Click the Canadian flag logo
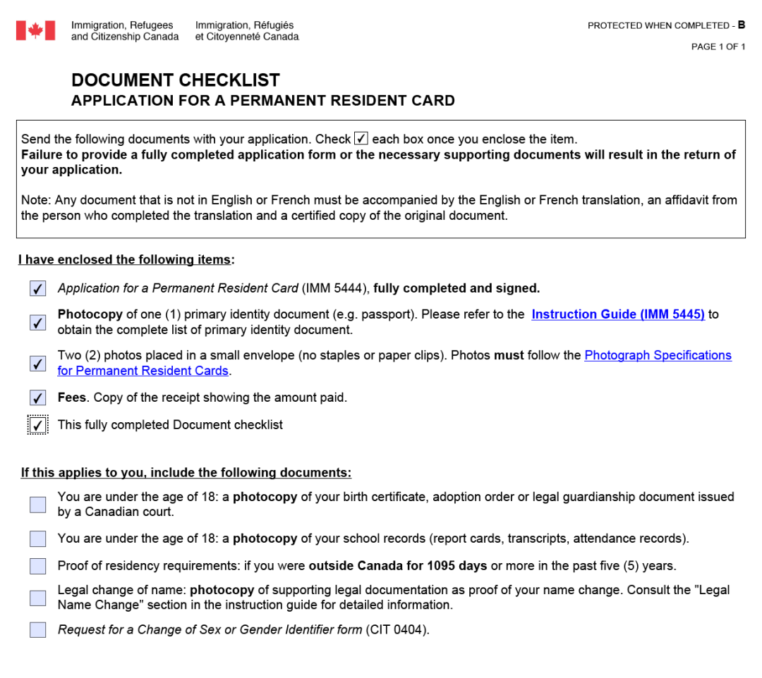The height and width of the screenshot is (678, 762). tap(35, 30)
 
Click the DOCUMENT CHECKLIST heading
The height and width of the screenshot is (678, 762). tap(176, 80)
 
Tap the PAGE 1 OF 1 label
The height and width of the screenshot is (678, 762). tap(718, 47)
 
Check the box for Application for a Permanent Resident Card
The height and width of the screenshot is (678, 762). tap(38, 289)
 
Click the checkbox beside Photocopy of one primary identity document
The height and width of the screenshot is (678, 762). tap(38, 323)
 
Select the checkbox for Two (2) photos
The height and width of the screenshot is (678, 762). tap(38, 364)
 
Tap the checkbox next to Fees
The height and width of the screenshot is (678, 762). tap(38, 398)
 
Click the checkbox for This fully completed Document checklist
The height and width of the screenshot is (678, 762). tap(38, 426)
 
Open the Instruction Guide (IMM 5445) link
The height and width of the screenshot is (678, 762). tap(618, 315)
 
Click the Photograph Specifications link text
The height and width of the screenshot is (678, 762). tap(658, 356)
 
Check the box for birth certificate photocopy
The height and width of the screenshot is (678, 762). tap(38, 505)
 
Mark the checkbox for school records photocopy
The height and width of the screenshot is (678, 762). tap(38, 539)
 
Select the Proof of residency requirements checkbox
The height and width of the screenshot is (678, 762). tap(38, 567)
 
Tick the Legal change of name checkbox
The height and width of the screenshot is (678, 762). tap(38, 598)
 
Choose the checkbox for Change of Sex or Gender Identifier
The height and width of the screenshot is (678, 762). tap(38, 630)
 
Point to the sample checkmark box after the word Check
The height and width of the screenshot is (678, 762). tap(361, 139)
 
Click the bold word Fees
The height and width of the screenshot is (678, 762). tap(73, 397)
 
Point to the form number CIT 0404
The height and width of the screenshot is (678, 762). tap(397, 629)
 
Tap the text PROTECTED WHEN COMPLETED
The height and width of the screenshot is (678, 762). tap(659, 26)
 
